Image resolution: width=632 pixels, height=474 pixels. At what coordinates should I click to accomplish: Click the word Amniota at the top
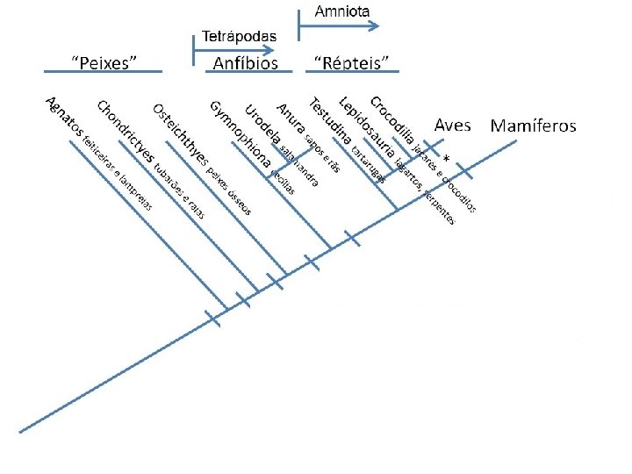pyautogui.click(x=342, y=11)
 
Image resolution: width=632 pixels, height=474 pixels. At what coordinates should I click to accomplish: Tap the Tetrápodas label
pyautogui.click(x=240, y=36)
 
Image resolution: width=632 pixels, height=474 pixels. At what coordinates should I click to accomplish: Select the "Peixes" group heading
pyautogui.click(x=104, y=62)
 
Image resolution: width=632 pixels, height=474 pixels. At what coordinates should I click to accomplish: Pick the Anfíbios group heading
pyautogui.click(x=246, y=62)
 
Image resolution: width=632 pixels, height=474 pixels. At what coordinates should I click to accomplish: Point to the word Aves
pyautogui.click(x=453, y=126)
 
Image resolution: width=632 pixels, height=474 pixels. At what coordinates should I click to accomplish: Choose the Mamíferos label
pyautogui.click(x=533, y=126)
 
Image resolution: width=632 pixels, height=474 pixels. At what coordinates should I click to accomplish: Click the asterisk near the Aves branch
pyautogui.click(x=446, y=159)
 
